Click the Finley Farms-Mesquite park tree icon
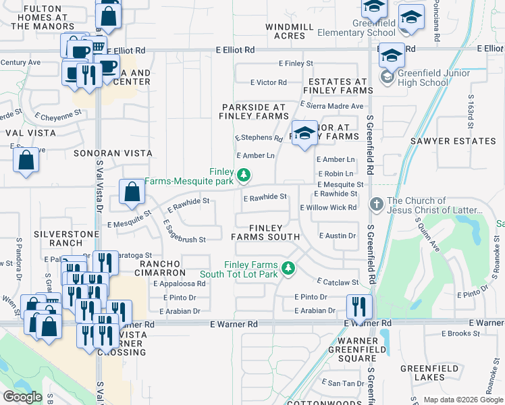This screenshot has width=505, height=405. tap(244, 176)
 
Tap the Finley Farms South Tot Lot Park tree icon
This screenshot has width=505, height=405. tap(288, 269)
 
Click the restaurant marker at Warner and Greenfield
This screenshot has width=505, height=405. tap(359, 306)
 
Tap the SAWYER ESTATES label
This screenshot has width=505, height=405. tap(452, 141)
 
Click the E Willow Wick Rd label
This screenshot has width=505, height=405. tap(328, 208)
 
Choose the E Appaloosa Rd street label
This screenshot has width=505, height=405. tap(179, 284)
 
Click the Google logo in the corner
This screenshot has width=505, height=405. tap(22, 397)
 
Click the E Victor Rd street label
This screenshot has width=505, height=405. tap(268, 82)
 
